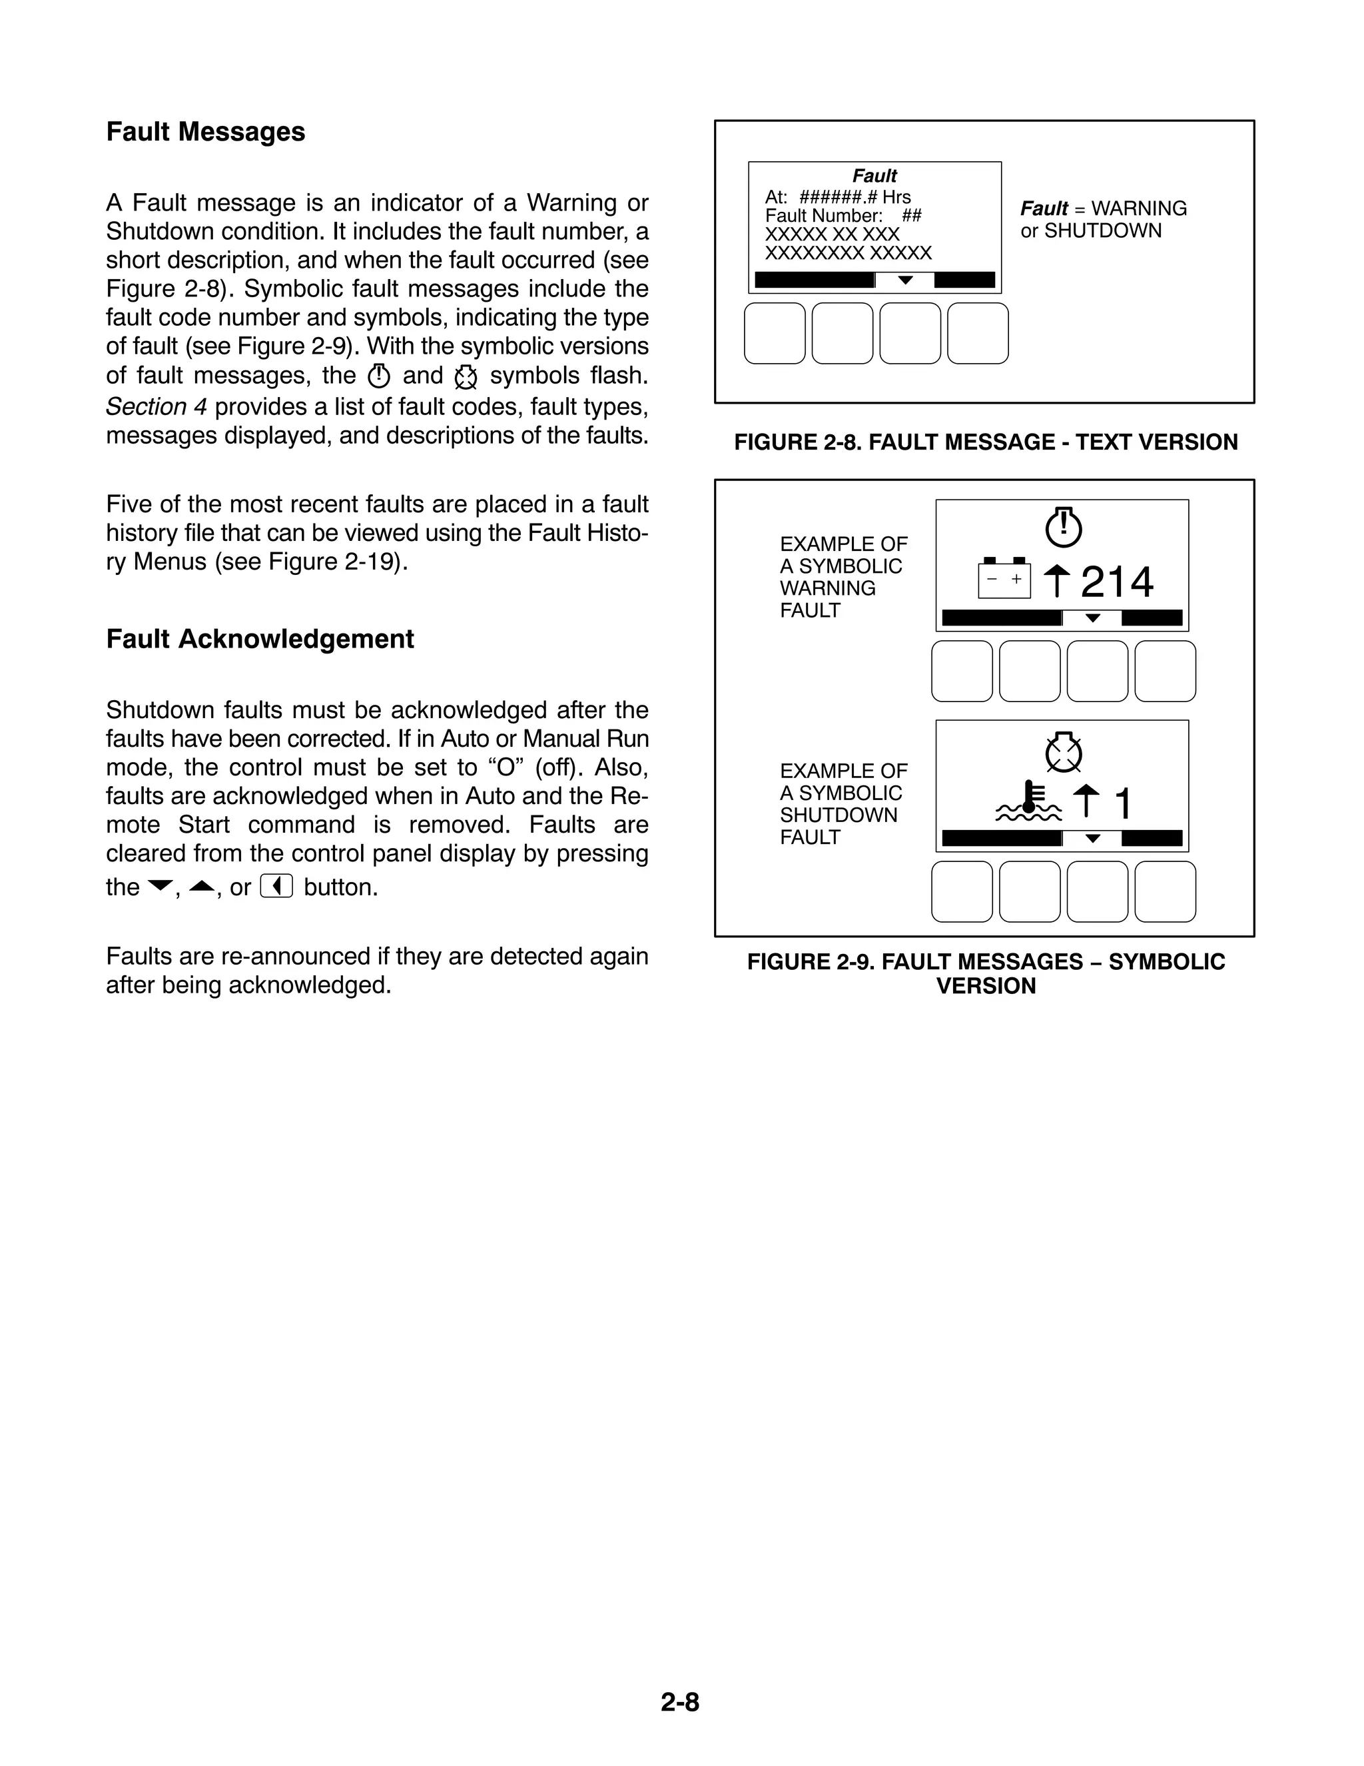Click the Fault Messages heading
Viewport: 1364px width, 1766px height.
(x=205, y=132)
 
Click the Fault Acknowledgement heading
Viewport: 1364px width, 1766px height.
(x=260, y=639)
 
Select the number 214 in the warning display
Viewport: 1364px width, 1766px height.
(x=1117, y=582)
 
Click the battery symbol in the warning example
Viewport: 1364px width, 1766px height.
(x=1004, y=579)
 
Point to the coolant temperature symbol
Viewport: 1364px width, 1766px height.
(x=1028, y=802)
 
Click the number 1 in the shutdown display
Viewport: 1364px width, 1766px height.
(x=1123, y=804)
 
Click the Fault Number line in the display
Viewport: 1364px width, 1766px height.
(x=843, y=216)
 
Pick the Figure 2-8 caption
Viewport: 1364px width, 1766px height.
(x=986, y=442)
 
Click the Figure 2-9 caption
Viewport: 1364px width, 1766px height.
(x=986, y=973)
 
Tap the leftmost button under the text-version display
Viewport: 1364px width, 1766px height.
(x=775, y=333)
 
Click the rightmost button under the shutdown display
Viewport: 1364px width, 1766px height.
(x=1165, y=891)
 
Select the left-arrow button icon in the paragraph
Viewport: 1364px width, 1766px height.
(x=276, y=887)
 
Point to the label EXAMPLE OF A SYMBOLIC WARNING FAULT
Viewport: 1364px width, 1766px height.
(x=843, y=578)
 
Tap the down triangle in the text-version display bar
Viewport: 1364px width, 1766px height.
(x=906, y=280)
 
